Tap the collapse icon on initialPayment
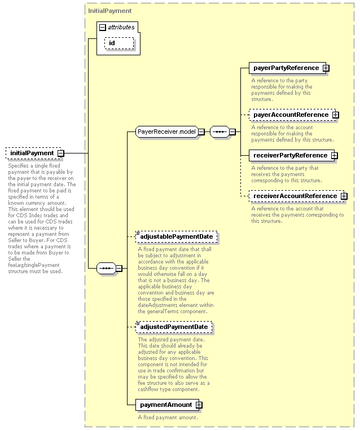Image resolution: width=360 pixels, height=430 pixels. pos(61,153)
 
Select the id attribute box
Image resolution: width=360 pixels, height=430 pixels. pos(119,43)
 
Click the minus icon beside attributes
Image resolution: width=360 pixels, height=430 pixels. pos(102,27)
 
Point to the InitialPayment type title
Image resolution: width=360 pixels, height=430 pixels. pos(109,11)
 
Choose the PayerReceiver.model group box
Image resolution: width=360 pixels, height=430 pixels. pos(166,131)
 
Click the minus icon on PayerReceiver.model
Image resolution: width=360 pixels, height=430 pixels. pos(201,132)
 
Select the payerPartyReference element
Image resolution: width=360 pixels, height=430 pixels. pos(287,68)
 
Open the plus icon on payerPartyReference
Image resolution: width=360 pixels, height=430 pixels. pos(326,68)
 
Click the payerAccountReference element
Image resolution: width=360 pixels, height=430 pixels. pos(292,115)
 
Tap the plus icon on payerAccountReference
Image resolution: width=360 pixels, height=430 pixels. pos(335,115)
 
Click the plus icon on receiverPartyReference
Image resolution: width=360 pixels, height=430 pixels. pos(334,156)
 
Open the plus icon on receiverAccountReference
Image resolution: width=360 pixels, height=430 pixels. pos(344,196)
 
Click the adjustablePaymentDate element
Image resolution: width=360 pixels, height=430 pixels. pos(176,236)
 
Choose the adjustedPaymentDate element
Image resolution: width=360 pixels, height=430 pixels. pos(174,327)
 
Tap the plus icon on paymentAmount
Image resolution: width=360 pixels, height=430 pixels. pos(199,405)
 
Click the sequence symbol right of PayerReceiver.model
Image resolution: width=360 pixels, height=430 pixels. pos(219,132)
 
